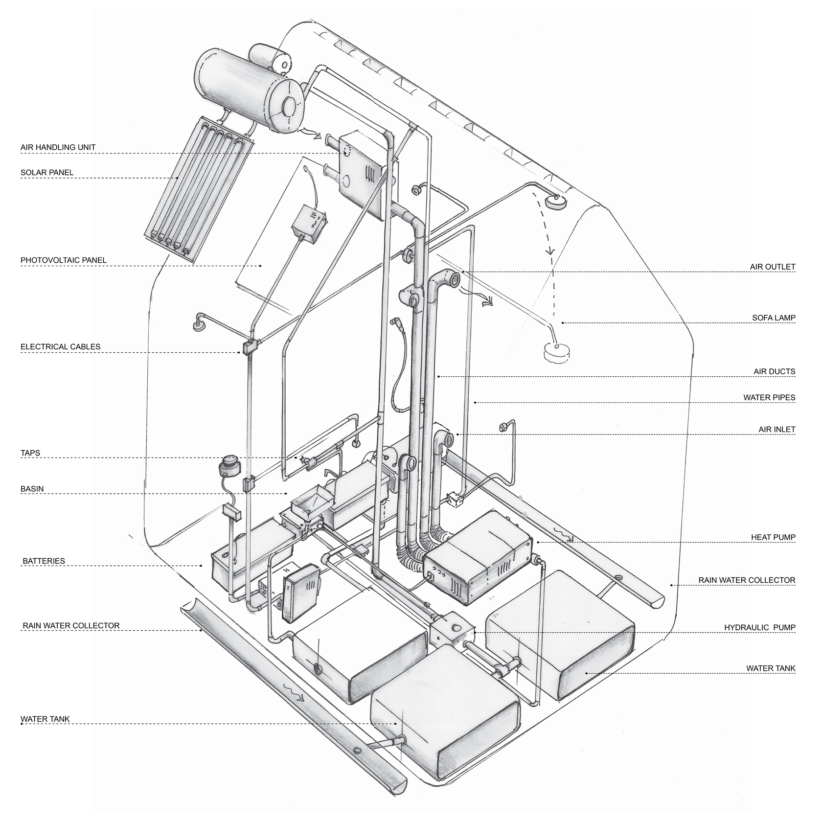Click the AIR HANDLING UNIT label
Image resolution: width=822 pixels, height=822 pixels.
tap(58, 147)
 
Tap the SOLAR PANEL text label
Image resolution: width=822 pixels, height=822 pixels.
tap(47, 173)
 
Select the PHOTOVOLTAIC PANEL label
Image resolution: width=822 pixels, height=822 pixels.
tap(63, 260)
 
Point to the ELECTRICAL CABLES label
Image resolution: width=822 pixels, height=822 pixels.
tap(60, 347)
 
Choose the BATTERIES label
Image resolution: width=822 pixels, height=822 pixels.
tap(44, 561)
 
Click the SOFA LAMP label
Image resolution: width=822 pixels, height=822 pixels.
tap(774, 318)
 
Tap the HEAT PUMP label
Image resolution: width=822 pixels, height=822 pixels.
tap(773, 537)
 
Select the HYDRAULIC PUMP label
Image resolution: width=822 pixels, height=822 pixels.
tap(759, 628)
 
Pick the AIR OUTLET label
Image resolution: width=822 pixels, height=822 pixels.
tap(773, 267)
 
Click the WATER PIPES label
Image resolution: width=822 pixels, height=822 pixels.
tap(769, 397)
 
